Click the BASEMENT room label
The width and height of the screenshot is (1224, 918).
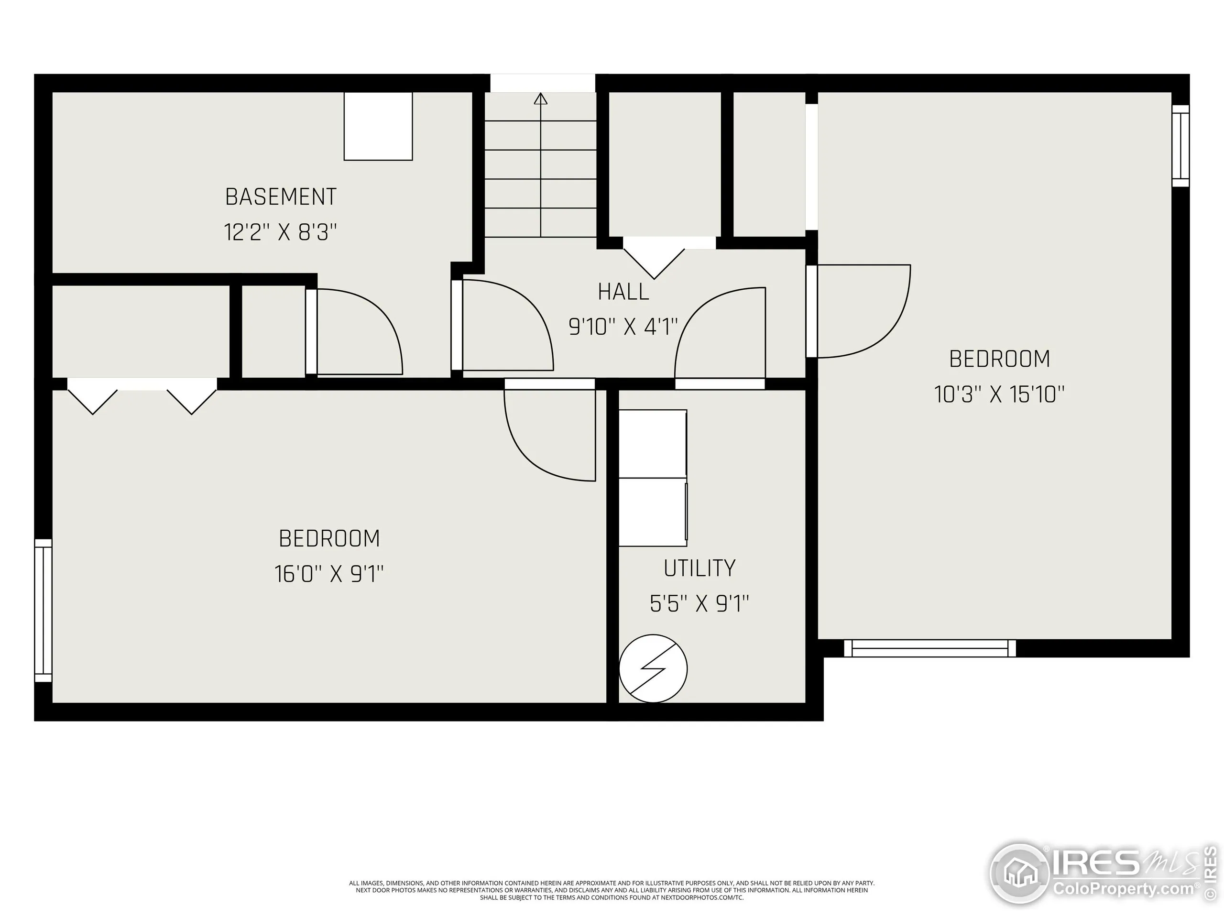(281, 197)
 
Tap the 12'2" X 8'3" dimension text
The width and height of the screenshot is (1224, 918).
(280, 232)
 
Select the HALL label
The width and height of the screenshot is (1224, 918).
(623, 292)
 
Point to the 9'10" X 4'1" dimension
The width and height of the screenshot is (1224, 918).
(623, 327)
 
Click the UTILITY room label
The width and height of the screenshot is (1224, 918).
(699, 568)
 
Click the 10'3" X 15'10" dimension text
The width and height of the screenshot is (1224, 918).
(999, 394)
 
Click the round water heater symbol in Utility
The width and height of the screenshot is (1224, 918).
(653, 668)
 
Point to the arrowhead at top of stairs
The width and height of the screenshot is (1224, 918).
(541, 99)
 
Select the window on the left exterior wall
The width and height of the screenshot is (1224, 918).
(43, 611)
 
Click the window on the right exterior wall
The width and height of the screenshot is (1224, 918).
(1180, 145)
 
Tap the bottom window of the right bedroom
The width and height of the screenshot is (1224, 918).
(929, 648)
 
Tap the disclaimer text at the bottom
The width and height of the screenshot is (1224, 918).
(612, 890)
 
